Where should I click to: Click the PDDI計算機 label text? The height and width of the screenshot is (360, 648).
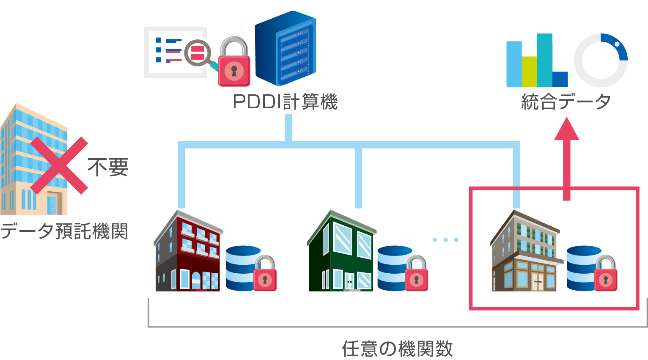click(286, 102)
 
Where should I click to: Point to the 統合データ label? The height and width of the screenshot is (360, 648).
click(566, 102)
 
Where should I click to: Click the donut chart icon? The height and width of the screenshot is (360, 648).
click(601, 60)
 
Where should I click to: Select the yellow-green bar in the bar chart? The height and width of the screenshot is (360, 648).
click(529, 71)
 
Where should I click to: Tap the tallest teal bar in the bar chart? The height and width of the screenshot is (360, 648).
click(544, 59)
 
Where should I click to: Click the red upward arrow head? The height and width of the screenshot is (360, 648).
click(567, 129)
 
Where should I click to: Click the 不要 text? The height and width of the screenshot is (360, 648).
click(108, 167)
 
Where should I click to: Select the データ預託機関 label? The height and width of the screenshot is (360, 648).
click(64, 231)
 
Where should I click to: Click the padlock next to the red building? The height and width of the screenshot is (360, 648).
click(265, 275)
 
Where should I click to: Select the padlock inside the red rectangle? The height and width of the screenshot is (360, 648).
click(606, 275)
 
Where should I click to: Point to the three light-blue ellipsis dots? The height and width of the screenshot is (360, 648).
click(445, 240)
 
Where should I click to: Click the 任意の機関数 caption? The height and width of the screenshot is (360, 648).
click(397, 349)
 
